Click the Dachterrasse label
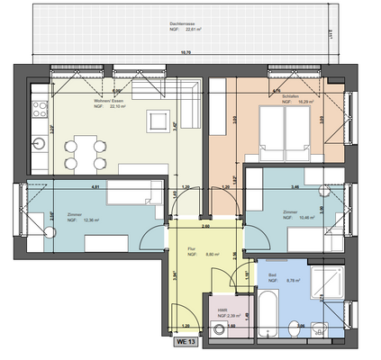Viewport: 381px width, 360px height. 190,22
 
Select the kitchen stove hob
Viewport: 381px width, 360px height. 40,110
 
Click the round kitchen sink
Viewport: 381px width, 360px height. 40,143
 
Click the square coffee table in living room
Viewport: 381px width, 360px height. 159,119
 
